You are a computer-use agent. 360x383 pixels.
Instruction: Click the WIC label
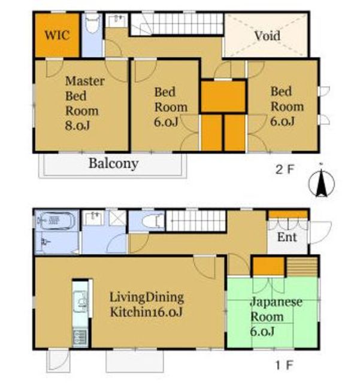coord(57,35)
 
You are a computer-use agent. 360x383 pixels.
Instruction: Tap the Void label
coord(267,36)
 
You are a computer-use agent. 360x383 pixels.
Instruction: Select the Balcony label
coord(113,163)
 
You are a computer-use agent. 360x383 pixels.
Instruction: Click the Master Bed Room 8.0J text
coord(84,103)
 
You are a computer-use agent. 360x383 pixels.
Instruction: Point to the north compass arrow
coord(322,182)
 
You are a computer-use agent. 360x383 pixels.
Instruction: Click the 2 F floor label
coord(285,169)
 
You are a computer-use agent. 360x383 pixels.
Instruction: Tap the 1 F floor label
coord(285,365)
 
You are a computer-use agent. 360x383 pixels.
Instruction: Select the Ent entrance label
coord(287,237)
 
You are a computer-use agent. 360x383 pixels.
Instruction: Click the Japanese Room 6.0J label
coord(276,317)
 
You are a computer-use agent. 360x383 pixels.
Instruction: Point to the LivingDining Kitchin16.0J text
coord(147,305)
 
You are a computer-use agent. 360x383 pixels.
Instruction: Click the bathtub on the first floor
coord(56,221)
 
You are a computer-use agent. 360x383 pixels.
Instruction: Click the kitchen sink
coord(80,302)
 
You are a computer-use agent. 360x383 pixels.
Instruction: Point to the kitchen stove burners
coord(80,337)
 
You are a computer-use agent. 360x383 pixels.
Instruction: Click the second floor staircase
coord(177,24)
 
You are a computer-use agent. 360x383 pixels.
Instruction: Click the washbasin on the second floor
coord(117,20)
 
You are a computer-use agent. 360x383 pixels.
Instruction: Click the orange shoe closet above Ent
coord(288,214)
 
